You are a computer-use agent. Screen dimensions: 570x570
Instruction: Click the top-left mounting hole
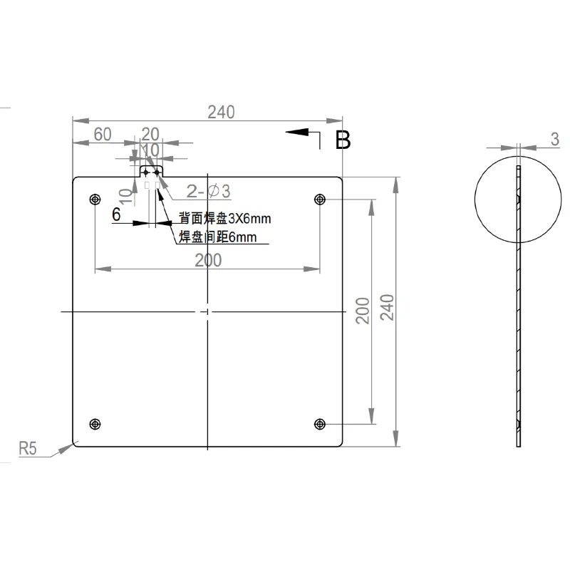(95, 199)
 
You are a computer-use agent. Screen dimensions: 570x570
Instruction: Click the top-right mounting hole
(320, 199)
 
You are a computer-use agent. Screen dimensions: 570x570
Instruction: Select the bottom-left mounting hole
(95, 424)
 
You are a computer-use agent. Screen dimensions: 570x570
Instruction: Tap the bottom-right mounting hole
(320, 424)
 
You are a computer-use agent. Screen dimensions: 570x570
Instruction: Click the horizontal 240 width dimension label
(221, 113)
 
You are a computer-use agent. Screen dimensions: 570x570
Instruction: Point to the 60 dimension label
(103, 135)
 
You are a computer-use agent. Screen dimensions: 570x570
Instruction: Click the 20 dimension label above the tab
(150, 135)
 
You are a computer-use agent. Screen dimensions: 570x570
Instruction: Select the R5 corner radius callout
(28, 448)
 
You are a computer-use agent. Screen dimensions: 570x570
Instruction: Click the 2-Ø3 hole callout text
(208, 191)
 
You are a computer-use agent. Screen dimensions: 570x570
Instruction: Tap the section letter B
(343, 140)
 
